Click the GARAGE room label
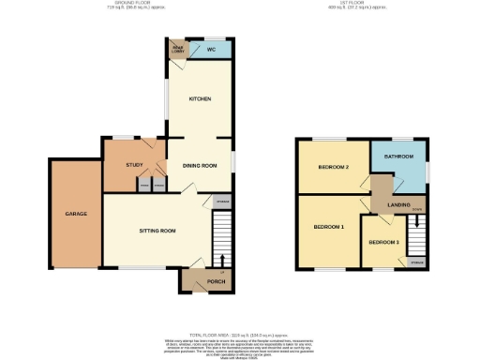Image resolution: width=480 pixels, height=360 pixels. click(x=76, y=214)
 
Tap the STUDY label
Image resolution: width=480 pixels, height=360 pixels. click(x=133, y=166)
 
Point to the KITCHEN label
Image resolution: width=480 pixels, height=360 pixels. click(x=200, y=98)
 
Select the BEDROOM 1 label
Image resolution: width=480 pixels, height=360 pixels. click(x=328, y=227)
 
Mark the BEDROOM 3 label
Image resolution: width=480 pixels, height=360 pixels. click(x=382, y=243)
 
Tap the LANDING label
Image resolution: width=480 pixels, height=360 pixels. click(x=398, y=203)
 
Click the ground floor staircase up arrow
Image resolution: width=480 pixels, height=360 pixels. click(x=221, y=259)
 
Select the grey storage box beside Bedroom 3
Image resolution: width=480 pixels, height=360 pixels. click(x=416, y=262)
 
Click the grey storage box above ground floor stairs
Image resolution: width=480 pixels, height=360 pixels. click(x=221, y=202)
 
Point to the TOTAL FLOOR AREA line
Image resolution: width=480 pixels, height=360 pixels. click(x=240, y=334)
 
